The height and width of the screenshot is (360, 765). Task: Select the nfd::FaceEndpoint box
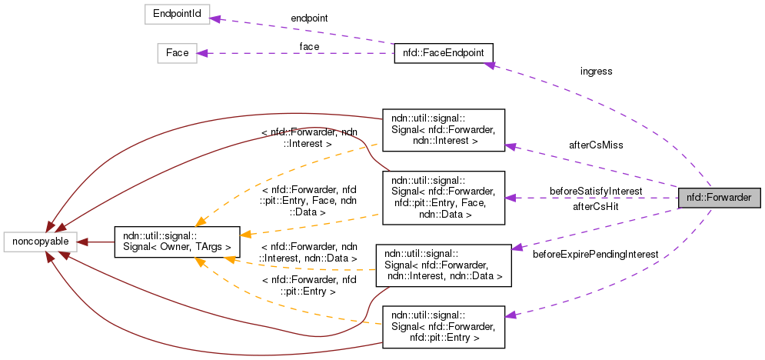[x=443, y=53]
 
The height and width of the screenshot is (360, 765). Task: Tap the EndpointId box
[x=178, y=14]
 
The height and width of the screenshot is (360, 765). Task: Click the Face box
[x=177, y=53]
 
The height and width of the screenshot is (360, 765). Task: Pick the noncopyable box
[x=40, y=242]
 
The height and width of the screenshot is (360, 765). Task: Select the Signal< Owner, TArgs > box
[x=177, y=242]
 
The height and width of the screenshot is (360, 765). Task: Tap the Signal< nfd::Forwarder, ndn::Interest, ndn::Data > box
[x=443, y=265]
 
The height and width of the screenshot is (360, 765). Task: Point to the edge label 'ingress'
[x=596, y=72]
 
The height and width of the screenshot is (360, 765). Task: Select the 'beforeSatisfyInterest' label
[x=596, y=190]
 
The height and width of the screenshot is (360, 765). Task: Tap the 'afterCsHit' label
[x=596, y=206]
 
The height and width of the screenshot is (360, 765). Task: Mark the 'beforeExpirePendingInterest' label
[x=596, y=253]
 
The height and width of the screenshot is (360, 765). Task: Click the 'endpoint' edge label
[x=310, y=17]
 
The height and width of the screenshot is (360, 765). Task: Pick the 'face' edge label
[x=310, y=46]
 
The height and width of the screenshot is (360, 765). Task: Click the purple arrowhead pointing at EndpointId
[x=216, y=18]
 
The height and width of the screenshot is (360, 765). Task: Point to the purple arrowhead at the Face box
[x=203, y=53]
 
